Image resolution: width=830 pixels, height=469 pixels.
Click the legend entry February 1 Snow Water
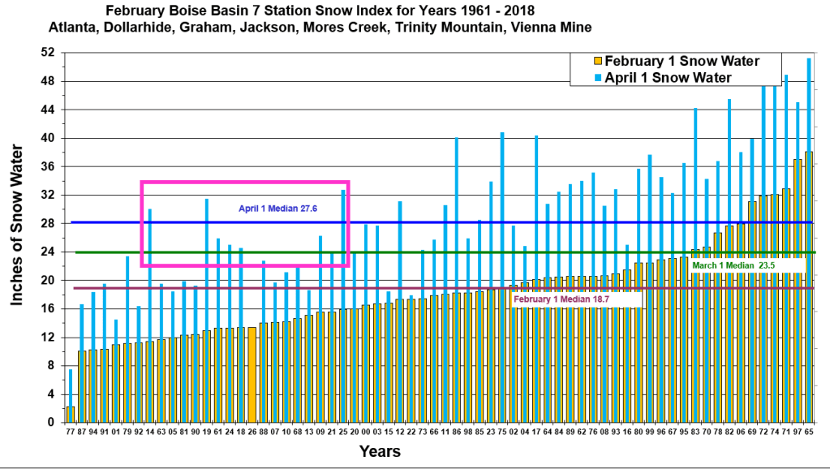point(682,62)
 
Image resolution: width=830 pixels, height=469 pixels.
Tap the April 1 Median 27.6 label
point(277,209)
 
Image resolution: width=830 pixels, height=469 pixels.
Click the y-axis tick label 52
point(48,53)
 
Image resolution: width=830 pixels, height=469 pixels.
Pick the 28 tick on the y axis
point(48,223)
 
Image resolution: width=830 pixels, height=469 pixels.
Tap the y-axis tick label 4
point(50,394)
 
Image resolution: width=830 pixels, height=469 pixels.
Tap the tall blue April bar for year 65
point(810,97)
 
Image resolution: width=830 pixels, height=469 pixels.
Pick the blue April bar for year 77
point(71,389)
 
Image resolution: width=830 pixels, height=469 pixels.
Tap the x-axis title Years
point(381,452)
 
